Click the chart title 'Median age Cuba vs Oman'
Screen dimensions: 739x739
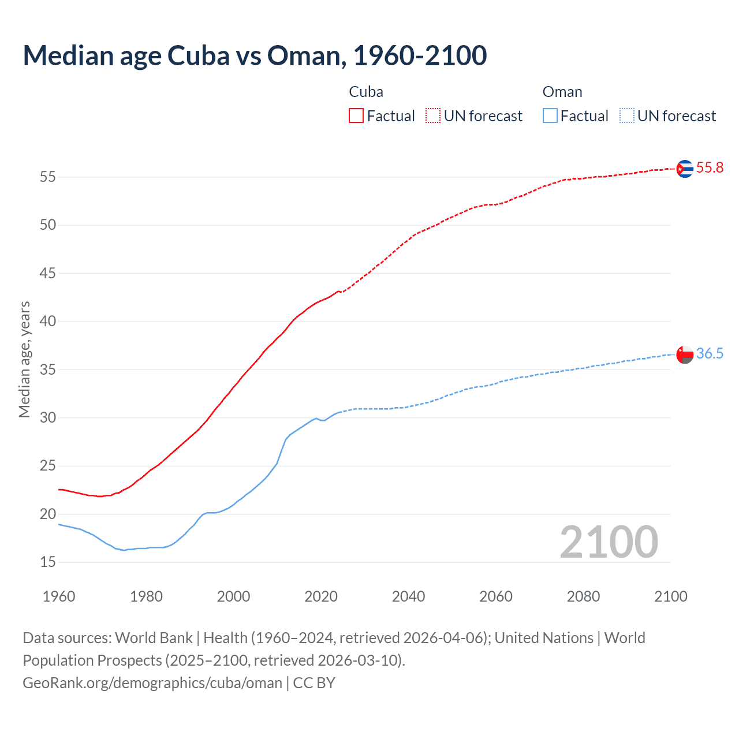pyautogui.click(x=255, y=55)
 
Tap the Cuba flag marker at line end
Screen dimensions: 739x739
pyautogui.click(x=684, y=169)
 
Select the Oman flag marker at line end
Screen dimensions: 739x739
pyautogui.click(x=684, y=354)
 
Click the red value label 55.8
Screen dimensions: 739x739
pyautogui.click(x=710, y=168)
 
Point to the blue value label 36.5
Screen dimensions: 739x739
pyautogui.click(x=710, y=354)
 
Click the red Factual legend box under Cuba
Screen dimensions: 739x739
pyautogui.click(x=356, y=116)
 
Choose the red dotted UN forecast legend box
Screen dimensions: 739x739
pyautogui.click(x=433, y=116)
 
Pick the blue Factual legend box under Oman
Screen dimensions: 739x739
pyautogui.click(x=550, y=116)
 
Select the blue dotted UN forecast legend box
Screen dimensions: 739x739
pyautogui.click(x=626, y=116)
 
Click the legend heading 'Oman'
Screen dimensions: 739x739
pyautogui.click(x=562, y=92)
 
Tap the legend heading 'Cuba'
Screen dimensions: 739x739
pyautogui.click(x=366, y=92)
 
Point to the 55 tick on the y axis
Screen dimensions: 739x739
pyautogui.click(x=48, y=177)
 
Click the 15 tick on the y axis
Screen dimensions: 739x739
pyautogui.click(x=48, y=562)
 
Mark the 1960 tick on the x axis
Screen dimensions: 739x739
pyautogui.click(x=59, y=596)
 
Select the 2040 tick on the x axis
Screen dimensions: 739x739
pyautogui.click(x=408, y=596)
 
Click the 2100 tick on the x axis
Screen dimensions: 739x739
pyautogui.click(x=670, y=596)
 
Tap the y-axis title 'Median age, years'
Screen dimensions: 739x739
pyautogui.click(x=24, y=359)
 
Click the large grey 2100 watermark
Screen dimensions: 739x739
pyautogui.click(x=609, y=542)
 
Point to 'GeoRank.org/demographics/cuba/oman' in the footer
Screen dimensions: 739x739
pyautogui.click(x=152, y=683)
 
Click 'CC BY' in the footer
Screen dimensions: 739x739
pyautogui.click(x=314, y=683)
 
